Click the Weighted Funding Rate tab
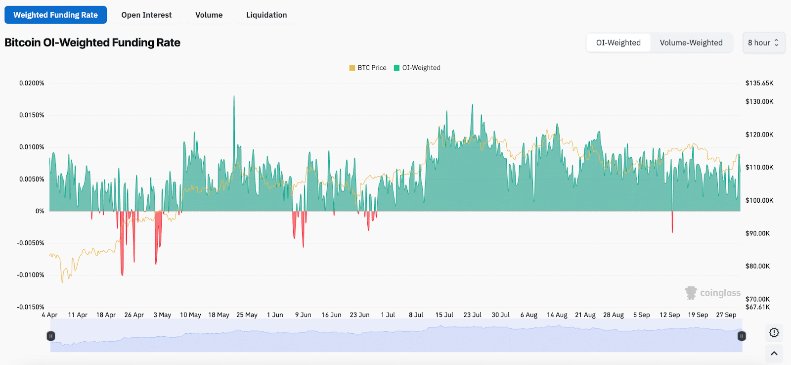pyautogui.click(x=55, y=15)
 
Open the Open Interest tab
pyautogui.click(x=146, y=15)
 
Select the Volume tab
pyautogui.click(x=209, y=15)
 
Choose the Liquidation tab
pyautogui.click(x=266, y=15)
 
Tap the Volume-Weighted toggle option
pyautogui.click(x=691, y=43)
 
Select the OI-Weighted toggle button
pyautogui.click(x=618, y=43)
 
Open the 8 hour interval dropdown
pyautogui.click(x=763, y=43)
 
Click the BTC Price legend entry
pyautogui.click(x=368, y=68)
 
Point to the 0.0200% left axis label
pyautogui.click(x=32, y=83)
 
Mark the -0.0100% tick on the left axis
pyautogui.click(x=31, y=275)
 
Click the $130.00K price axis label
pyautogui.click(x=759, y=101)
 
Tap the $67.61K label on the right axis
pyautogui.click(x=757, y=307)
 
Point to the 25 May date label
pyautogui.click(x=247, y=315)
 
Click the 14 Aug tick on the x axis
pyautogui.click(x=557, y=315)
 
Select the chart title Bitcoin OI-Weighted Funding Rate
pyautogui.click(x=92, y=43)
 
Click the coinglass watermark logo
pyautogui.click(x=712, y=293)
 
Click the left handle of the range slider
pyautogui.click(x=50, y=336)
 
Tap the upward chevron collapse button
pyautogui.click(x=774, y=353)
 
